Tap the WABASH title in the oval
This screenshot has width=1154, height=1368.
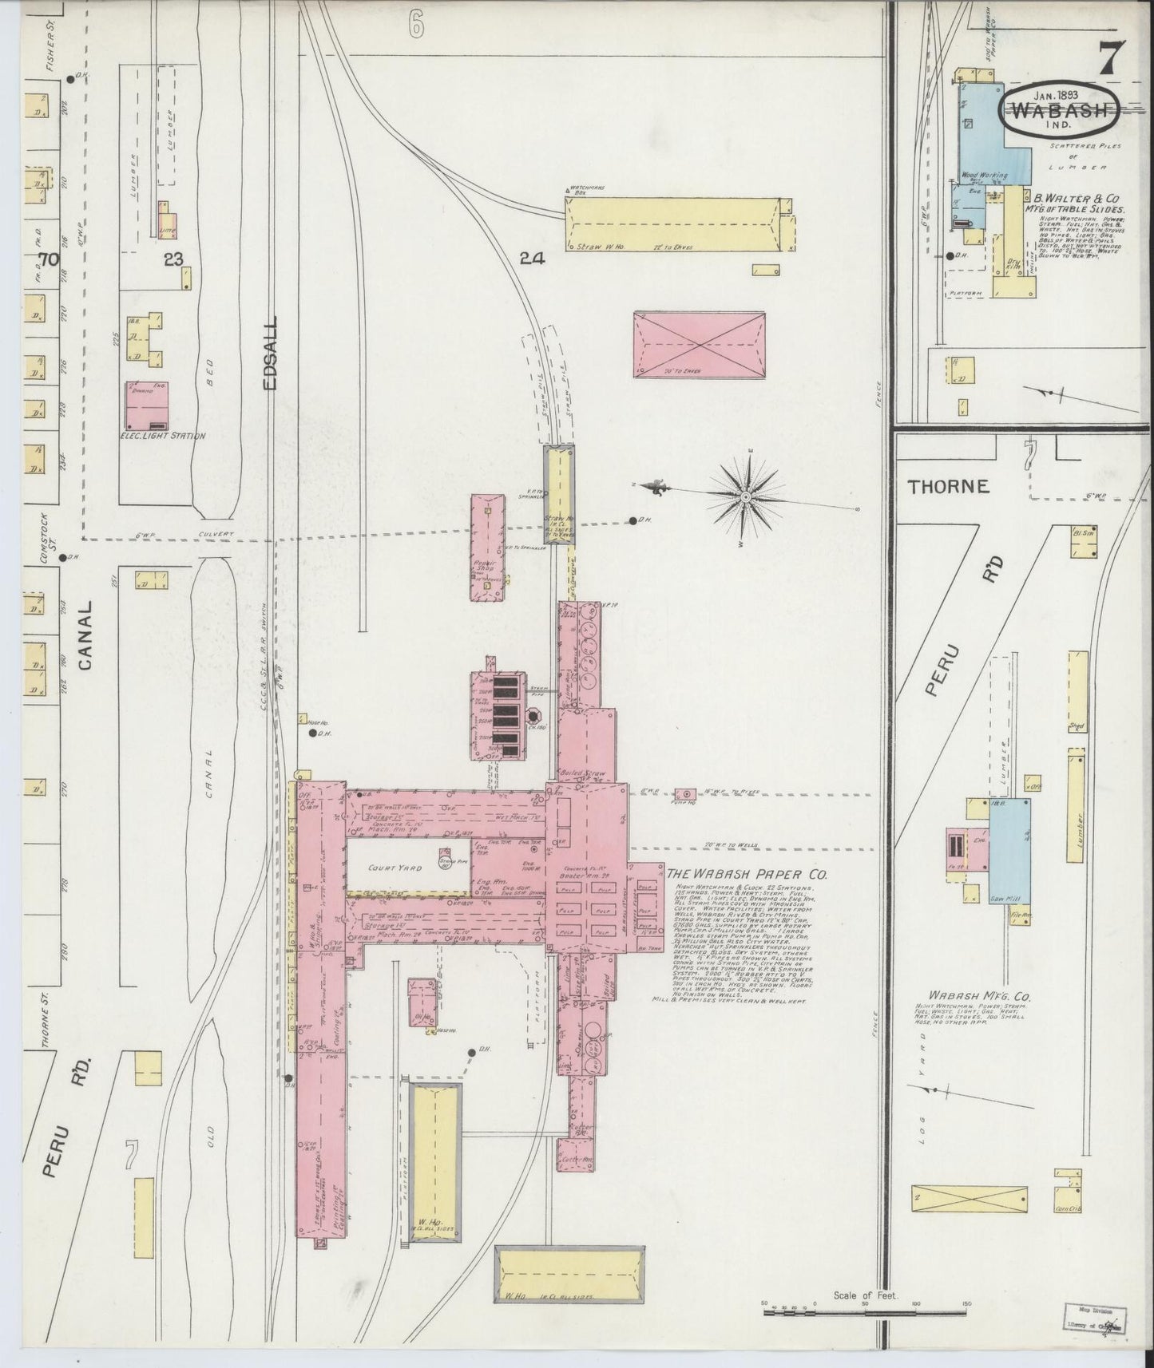coord(1060,111)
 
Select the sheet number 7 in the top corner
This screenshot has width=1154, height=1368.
coord(1111,60)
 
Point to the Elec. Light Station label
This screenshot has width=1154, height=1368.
coord(163,436)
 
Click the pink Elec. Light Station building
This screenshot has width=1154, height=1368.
coord(147,405)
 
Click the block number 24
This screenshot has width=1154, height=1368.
coord(531,258)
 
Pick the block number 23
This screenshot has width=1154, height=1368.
coord(173,259)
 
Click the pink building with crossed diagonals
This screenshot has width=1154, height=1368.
coord(699,344)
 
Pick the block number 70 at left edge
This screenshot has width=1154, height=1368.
coord(49,259)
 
